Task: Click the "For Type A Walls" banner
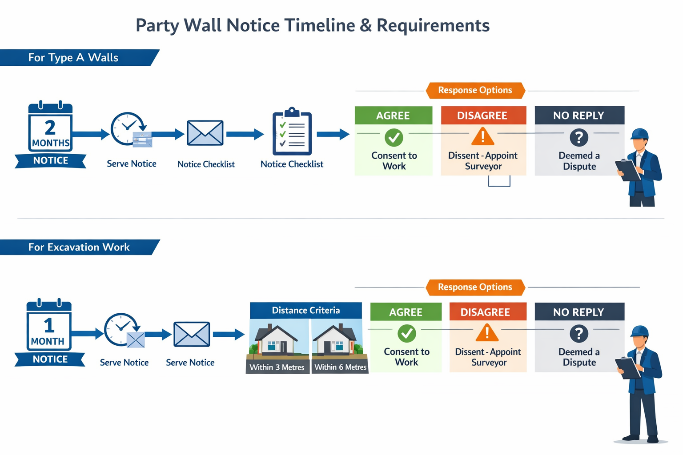73,58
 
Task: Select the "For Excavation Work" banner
79,247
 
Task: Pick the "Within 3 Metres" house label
277,367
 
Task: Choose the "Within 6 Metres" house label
340,367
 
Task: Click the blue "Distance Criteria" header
306,311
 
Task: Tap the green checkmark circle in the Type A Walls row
394,137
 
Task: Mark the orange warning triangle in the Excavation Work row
487,333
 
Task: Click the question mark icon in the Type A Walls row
579,137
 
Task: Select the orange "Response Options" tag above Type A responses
475,90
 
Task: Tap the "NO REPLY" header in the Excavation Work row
579,312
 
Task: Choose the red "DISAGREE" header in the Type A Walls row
482,116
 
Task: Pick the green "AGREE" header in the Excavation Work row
406,312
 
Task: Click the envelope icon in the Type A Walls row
205,133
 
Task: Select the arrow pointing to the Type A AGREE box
333,134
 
